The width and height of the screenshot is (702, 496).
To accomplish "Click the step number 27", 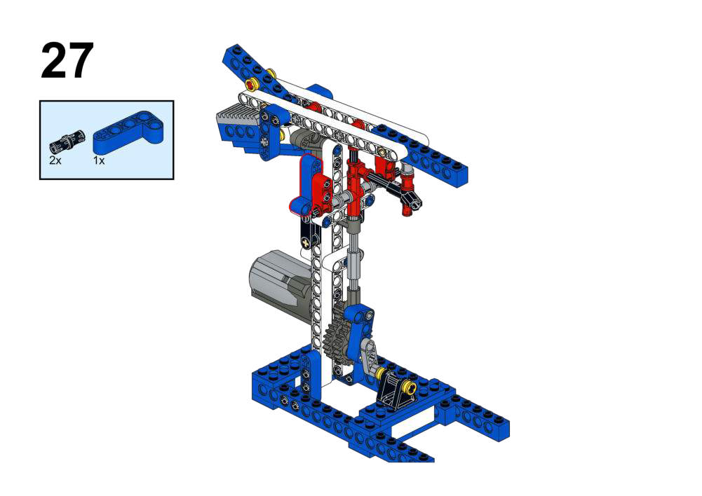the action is [x=67, y=61].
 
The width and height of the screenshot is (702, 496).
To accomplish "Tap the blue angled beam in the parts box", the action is [x=128, y=132].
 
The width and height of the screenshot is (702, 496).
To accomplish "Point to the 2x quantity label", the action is [x=55, y=160].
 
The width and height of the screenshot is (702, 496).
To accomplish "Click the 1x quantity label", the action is [x=99, y=160].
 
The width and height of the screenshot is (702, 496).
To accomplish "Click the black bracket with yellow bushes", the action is [x=396, y=389].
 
